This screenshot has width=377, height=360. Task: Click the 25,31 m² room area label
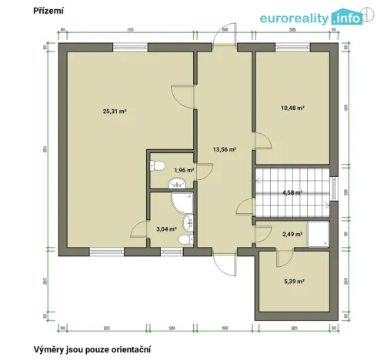115,111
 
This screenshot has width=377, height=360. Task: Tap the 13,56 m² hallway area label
224,150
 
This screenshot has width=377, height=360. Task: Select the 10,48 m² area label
292,108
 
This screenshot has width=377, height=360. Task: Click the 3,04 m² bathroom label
166,228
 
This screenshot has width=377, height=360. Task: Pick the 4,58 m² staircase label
292,192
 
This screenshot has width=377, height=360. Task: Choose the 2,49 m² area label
292,234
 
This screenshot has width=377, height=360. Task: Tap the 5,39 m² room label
292,282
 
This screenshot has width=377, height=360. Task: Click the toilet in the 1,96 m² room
158,165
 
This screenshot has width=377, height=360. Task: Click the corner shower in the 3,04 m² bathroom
182,203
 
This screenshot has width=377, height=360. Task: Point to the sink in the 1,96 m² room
177,183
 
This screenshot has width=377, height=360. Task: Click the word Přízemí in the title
48,12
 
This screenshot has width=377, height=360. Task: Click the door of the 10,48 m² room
259,142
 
